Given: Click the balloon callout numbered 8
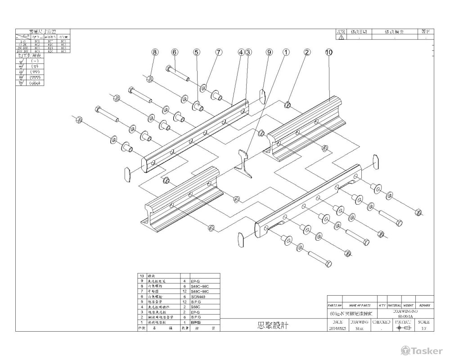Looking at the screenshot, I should pos(154,52).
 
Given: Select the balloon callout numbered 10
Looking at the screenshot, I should pos(328,52).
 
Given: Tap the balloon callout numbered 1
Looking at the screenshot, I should pos(285,52).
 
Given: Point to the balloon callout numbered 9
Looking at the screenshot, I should pos(269,52).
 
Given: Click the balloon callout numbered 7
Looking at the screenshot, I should pos(219,52).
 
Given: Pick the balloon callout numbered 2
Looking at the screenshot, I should pos(307,52).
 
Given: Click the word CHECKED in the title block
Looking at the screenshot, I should pos(381,322).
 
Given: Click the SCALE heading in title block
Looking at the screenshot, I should pos(423,322).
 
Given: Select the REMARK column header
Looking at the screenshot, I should pos(425,306).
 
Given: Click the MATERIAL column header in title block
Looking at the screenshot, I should pos(394,306).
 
